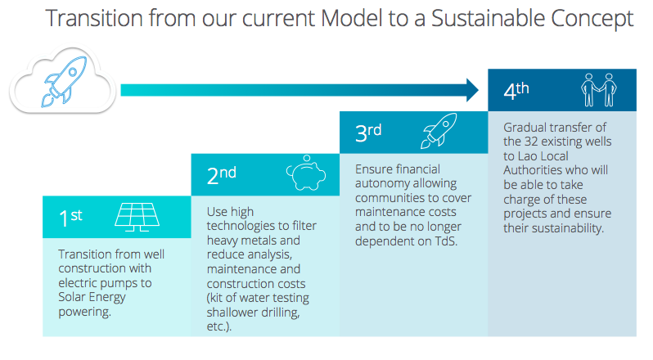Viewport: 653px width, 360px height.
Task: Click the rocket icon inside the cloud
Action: pos(65,81)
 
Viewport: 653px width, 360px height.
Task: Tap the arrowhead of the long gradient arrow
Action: pos(473,90)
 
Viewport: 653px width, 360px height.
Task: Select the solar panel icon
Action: pos(137,217)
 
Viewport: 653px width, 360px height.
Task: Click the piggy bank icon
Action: pos(306,173)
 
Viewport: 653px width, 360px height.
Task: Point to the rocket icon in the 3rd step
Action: pos(439,131)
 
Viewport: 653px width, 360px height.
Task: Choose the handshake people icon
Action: pos(599,90)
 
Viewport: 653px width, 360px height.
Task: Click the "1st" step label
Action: pos(70,218)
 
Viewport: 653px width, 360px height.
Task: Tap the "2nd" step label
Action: pos(221,175)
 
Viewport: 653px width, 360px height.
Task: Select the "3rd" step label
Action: pos(368,133)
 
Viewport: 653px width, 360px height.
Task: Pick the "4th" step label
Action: pos(516,90)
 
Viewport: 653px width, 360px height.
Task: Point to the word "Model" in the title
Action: pos(352,18)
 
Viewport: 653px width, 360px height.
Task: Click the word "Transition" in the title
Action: pos(95,18)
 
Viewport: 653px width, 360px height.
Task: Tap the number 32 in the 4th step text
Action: pos(531,142)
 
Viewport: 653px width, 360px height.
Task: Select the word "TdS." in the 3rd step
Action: pos(447,241)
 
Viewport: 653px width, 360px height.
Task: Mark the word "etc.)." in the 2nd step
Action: pos(218,326)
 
